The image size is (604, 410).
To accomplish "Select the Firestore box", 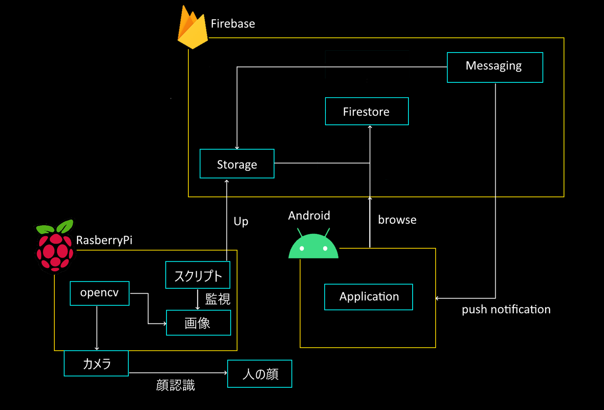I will [x=366, y=111].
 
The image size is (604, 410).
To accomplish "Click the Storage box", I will [x=237, y=164].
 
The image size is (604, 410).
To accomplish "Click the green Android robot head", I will [x=313, y=246].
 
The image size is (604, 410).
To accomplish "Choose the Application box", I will [x=369, y=297].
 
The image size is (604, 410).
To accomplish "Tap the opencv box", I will [x=99, y=293].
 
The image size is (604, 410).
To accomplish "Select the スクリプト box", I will [x=198, y=275].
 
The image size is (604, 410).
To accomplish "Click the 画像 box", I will [x=198, y=323].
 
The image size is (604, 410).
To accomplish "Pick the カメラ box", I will [x=96, y=363].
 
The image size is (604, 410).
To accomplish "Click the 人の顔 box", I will [x=260, y=374].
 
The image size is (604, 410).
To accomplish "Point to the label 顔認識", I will [x=175, y=385].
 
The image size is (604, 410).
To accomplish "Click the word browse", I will [x=397, y=220].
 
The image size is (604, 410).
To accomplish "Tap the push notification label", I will [x=506, y=309].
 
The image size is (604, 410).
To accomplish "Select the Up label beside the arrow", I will [x=241, y=221].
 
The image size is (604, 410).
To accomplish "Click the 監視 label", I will [x=217, y=299].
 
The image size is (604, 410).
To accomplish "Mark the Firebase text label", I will [x=233, y=24].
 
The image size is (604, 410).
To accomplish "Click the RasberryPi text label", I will [x=104, y=240].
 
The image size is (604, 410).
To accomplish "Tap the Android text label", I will [x=309, y=215].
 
